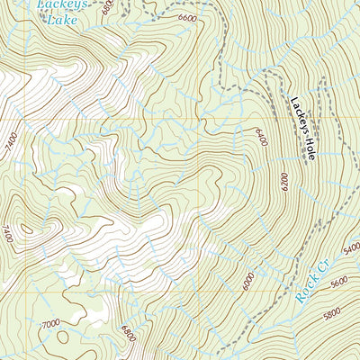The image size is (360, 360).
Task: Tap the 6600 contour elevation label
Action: [x=188, y=17]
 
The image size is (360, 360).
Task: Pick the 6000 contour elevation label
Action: [x=247, y=282]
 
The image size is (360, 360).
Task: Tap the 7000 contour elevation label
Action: [x=50, y=322]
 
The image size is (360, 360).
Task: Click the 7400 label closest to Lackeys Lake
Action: [x=11, y=141]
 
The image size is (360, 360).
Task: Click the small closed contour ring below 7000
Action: [x=62, y=338]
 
